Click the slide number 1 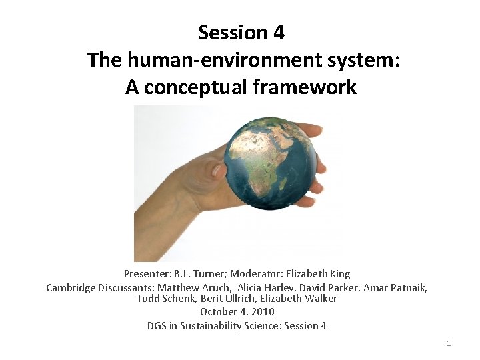[449, 343]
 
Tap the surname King [339, 274]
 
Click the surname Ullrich [237, 299]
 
